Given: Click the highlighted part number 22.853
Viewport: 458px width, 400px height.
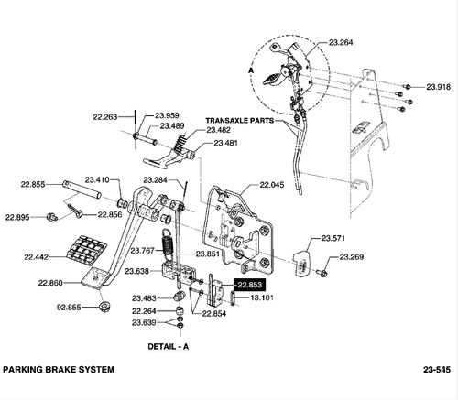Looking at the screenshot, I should pyautogui.click(x=249, y=286).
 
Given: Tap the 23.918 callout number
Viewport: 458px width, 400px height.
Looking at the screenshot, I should pyautogui.click(x=438, y=86).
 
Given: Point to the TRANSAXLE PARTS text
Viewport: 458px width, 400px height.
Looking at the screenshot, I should pyautogui.click(x=239, y=120).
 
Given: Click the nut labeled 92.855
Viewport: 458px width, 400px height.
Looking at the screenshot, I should pyautogui.click(x=103, y=305).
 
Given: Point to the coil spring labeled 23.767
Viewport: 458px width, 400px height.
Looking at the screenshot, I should pyautogui.click(x=169, y=245).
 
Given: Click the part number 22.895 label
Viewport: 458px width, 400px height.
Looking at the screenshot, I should pyautogui.click(x=18, y=217).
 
